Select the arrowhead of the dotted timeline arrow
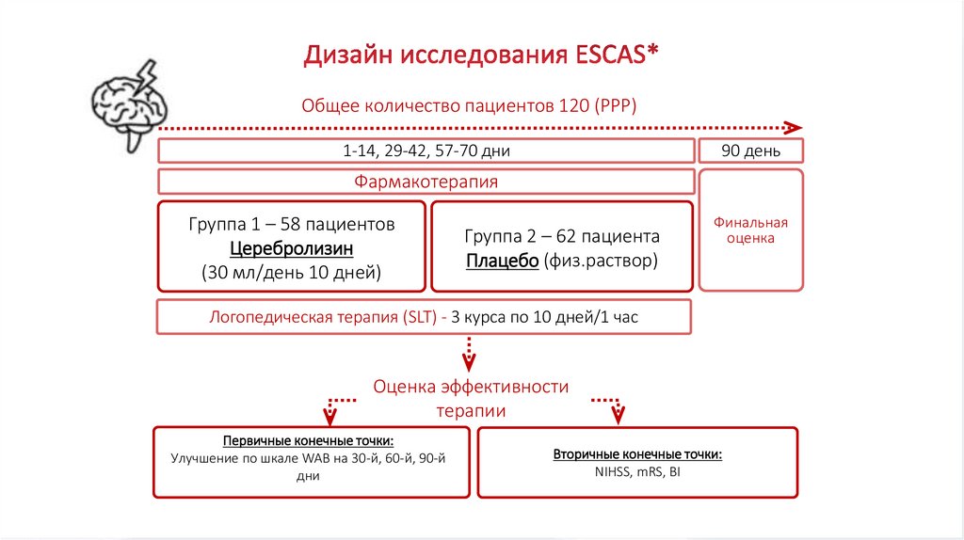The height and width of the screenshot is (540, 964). tap(795, 127)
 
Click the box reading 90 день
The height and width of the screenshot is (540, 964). tap(749, 151)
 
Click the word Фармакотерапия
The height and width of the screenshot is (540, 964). tap(426, 181)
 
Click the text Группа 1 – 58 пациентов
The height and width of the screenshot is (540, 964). tap(292, 225)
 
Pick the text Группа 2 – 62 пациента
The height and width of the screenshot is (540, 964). tap(562, 236)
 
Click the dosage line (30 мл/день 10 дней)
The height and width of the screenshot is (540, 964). tap(291, 274)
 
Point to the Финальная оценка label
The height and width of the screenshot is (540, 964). tap(749, 230)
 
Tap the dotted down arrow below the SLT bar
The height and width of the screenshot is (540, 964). tap(469, 353)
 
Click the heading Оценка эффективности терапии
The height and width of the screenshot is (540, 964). tap(471, 399)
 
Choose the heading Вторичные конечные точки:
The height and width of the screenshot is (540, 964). tap(637, 454)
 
